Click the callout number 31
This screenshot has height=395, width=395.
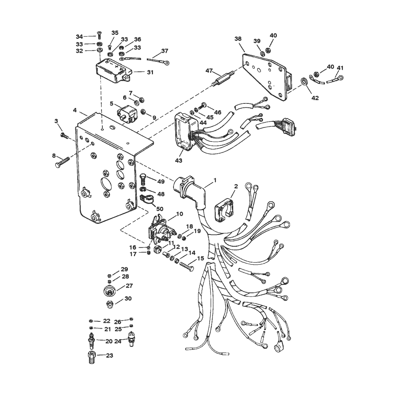(150, 72)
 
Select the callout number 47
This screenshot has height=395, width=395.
(209, 71)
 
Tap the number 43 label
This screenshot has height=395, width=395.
(178, 160)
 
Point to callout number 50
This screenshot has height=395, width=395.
(160, 209)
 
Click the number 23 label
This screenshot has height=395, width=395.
(110, 355)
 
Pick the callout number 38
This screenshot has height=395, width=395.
(238, 38)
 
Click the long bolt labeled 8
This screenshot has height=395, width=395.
(62, 162)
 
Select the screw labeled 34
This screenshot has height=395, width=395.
(99, 36)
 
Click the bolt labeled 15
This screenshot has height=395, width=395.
(187, 266)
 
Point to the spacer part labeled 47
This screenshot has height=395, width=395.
(223, 78)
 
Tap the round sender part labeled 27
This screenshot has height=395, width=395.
(109, 291)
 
